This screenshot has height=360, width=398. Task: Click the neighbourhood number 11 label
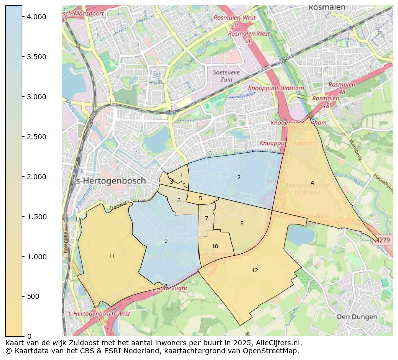pos(111,256)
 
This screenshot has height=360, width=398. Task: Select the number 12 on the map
pos(255,270)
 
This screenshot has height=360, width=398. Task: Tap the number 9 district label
pos(166,241)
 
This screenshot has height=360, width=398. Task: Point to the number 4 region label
pos(312,183)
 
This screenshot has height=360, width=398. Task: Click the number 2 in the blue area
pos(239,177)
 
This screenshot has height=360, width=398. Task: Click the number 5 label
pos(200,198)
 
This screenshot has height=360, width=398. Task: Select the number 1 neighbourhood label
pos(181,175)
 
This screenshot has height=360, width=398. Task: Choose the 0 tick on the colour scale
pos(30,336)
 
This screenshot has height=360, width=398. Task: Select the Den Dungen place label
pos(357,317)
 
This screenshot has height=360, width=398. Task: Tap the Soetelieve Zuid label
pos(227,76)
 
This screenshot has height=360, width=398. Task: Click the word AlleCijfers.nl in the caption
pos(277,343)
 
